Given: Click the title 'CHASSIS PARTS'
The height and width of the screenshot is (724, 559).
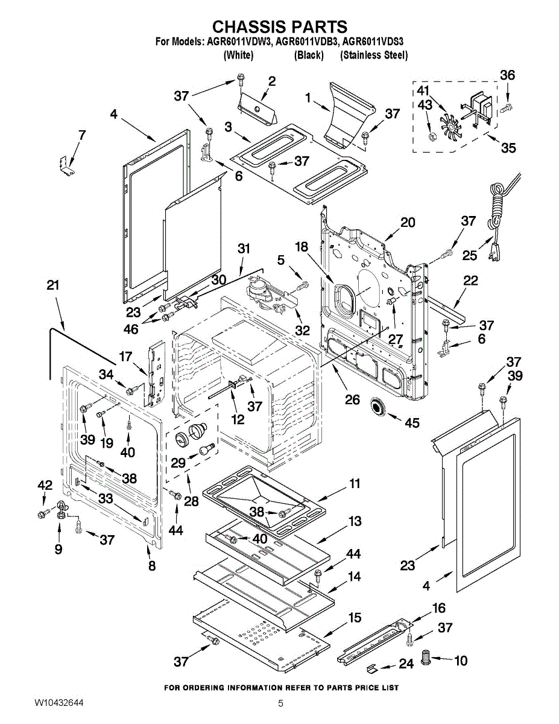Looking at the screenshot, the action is tap(280, 26).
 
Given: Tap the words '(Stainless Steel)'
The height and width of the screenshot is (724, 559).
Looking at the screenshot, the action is tap(374, 55).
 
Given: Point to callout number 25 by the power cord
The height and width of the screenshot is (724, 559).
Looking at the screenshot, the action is tap(470, 256).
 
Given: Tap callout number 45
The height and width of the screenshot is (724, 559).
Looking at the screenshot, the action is tap(412, 423).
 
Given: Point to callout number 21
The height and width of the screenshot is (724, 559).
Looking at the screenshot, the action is tap(53, 285).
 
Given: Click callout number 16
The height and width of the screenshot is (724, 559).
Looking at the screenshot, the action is tap(439, 608).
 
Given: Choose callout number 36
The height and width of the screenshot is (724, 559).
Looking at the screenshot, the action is tap(508, 75).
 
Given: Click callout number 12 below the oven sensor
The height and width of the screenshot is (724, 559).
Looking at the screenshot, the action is tap(238, 419).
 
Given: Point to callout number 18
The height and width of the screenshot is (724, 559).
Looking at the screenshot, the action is tap(302, 247).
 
